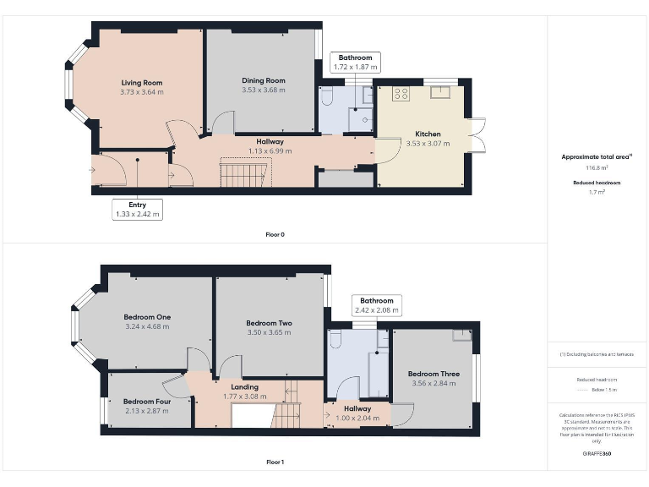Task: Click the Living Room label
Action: point(141,82)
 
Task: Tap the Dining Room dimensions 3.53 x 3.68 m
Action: point(264,90)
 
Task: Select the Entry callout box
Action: point(137,209)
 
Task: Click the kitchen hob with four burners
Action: point(401,94)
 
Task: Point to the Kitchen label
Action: point(428,134)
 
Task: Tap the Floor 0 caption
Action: point(275,233)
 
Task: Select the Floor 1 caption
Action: point(275,462)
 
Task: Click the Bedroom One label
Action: point(148,317)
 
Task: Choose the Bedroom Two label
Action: point(269,323)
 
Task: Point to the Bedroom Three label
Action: point(434,374)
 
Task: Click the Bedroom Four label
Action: point(147,402)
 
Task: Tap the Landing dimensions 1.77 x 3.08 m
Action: point(245,396)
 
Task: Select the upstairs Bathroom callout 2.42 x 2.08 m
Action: point(376,305)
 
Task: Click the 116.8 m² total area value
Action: point(597,167)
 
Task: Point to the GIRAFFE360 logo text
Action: point(597,454)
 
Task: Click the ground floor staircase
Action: point(245,174)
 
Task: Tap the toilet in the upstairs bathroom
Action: point(335,340)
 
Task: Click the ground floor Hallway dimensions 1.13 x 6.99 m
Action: point(270,150)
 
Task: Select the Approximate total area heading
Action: point(597,157)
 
